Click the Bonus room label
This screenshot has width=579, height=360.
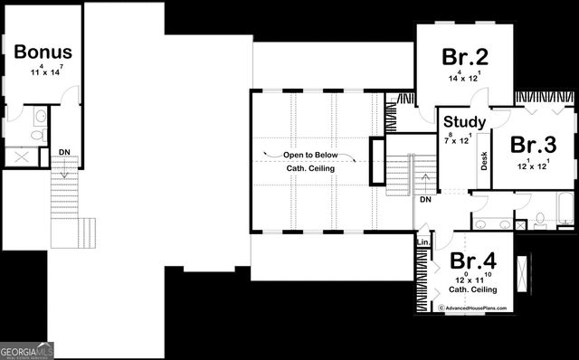[43, 52]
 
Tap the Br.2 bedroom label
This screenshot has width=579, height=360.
[465, 58]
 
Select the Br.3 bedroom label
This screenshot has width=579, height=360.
[532, 145]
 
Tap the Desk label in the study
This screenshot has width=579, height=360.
[485, 161]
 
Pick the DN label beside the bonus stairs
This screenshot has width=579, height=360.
[64, 152]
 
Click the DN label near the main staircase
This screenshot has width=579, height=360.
[425, 200]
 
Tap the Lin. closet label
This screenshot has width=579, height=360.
[422, 242]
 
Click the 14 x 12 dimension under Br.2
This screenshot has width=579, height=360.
[464, 78]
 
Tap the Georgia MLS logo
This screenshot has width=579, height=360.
[28, 348]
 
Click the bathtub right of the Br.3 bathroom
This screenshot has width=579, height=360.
[565, 209]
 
